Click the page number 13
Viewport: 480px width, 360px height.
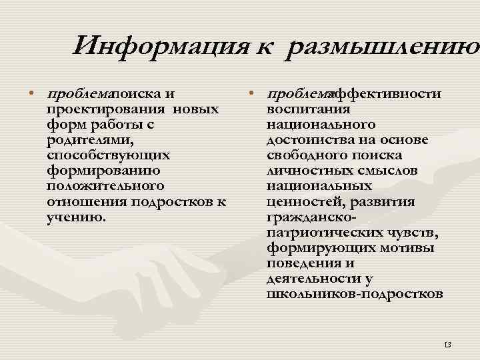click(447, 344)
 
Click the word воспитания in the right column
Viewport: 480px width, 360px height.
click(308, 109)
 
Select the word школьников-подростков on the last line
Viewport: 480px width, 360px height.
click(354, 293)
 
